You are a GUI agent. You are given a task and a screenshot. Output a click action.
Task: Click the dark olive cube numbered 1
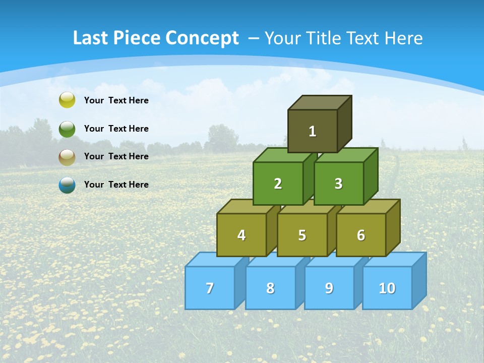313,131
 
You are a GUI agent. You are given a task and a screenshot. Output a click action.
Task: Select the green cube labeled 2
278,184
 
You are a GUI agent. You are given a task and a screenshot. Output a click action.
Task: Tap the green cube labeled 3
338,184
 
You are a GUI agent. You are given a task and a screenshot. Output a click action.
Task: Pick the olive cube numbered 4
241,235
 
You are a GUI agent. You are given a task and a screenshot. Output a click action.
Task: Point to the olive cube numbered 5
302,235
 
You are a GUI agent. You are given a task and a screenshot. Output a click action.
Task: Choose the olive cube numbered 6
361,235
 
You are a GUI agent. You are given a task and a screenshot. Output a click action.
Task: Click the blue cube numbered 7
210,288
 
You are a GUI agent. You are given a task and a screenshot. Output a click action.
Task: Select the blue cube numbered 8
270,288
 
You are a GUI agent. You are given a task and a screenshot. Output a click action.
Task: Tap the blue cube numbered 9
329,288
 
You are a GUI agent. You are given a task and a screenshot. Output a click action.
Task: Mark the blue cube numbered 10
387,288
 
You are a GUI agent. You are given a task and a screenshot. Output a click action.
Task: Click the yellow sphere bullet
67,100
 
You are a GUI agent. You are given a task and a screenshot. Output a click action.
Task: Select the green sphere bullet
67,129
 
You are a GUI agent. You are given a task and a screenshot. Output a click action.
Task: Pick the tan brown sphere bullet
67,157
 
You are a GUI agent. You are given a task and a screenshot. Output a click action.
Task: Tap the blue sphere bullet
67,185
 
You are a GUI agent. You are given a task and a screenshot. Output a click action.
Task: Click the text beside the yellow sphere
116,100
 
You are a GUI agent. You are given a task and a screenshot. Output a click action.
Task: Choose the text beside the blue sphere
116,185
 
